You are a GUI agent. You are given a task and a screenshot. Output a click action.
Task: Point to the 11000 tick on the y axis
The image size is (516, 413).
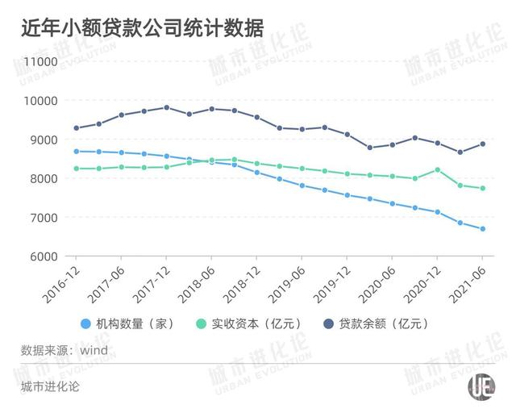click(x=38, y=62)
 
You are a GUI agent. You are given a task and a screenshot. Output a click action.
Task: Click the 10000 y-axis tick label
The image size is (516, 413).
click(x=38, y=101)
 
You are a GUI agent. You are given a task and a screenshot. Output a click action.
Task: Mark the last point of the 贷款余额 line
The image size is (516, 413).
click(x=482, y=144)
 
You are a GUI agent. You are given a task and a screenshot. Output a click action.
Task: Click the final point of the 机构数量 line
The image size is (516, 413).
click(x=482, y=229)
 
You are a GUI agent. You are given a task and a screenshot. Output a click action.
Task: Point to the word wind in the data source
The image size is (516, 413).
click(x=94, y=351)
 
